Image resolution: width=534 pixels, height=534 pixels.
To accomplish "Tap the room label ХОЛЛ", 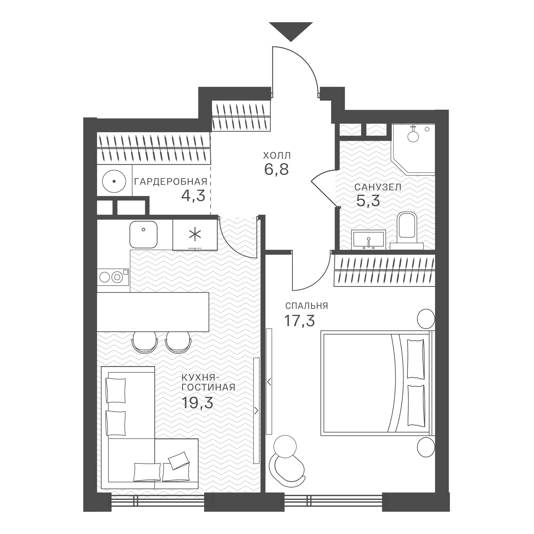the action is (277, 156).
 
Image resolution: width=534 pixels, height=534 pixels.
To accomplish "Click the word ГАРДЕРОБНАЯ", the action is (171, 182).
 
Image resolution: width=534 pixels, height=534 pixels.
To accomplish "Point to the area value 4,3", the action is (193, 195).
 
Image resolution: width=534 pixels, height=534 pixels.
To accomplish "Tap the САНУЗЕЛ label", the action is (378, 187).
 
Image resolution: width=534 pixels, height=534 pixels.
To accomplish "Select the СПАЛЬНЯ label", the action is (307, 306).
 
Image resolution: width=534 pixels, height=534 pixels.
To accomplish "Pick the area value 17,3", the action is (300, 321).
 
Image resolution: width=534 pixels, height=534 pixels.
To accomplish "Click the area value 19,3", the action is (198, 402).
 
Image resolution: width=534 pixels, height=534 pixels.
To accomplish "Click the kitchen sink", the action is (144, 234).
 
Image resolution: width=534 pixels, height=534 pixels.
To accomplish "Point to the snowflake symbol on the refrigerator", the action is (195, 235).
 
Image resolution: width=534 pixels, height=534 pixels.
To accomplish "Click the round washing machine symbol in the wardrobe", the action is (114, 181).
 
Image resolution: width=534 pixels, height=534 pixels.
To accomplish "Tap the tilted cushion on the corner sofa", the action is (179, 461).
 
